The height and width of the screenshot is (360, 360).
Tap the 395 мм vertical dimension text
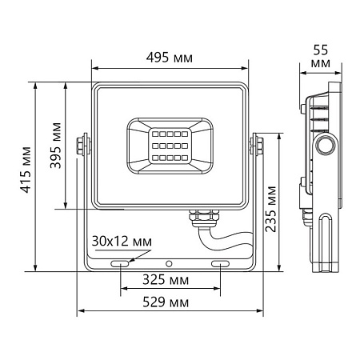point(55,146)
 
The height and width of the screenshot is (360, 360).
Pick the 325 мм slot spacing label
point(170,281)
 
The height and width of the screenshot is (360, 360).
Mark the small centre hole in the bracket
point(169,263)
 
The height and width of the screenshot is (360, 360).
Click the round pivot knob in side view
point(326,146)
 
